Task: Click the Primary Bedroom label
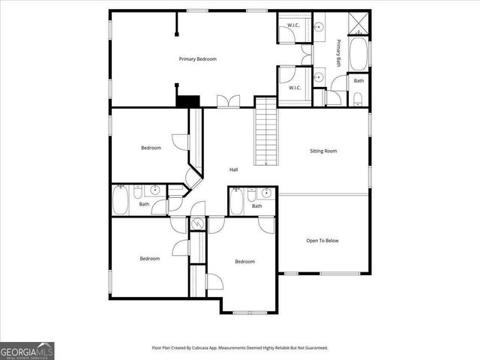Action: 197,58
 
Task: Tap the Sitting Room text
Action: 323,151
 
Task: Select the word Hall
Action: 234,170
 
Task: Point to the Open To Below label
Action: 322,241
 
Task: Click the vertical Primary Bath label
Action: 339,52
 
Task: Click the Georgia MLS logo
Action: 27,350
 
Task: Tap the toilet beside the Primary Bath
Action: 358,97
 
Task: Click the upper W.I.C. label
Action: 294,27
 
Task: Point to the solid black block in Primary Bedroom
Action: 189,101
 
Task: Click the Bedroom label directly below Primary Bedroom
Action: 151,148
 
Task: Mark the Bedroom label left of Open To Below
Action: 244,262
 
